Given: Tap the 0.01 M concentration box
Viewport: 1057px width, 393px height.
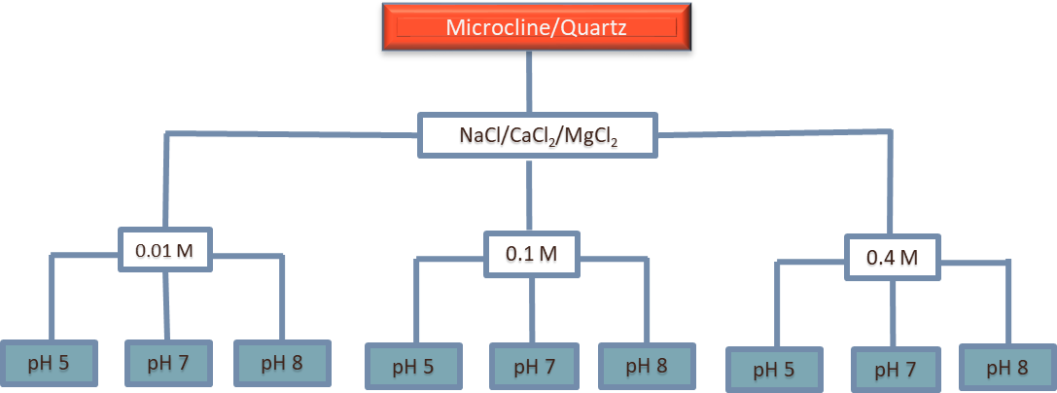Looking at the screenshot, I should (x=164, y=250).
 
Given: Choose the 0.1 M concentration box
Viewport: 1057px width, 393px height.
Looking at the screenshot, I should (x=531, y=254).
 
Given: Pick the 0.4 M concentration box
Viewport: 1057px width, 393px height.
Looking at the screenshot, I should (x=892, y=259).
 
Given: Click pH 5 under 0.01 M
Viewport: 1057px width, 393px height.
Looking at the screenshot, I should (x=49, y=364).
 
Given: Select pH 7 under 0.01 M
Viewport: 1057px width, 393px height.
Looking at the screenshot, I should (x=167, y=364).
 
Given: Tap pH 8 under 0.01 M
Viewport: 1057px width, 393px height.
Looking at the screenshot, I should (x=282, y=364).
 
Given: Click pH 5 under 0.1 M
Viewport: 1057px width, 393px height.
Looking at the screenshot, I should (x=413, y=368).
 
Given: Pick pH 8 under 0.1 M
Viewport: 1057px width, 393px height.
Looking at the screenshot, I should (x=646, y=367).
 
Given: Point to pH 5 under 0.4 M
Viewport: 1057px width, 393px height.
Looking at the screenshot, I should (x=775, y=370).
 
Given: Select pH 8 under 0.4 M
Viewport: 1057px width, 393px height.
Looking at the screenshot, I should (x=1006, y=368).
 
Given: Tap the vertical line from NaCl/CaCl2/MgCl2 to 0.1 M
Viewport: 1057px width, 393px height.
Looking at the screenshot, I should (x=530, y=195).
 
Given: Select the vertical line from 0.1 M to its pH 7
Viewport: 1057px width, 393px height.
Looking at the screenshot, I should (x=531, y=309).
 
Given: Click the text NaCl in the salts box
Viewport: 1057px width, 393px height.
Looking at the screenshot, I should (x=477, y=137).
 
